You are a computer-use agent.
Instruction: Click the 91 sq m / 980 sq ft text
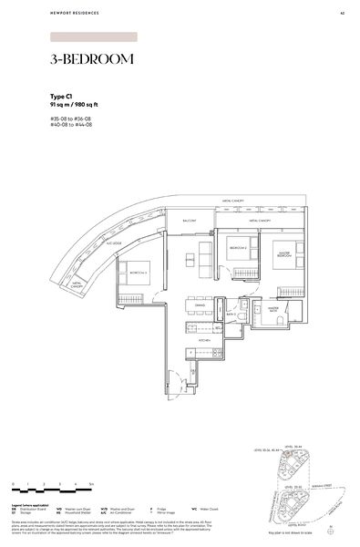[76, 104]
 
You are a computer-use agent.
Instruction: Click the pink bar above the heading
[94, 37]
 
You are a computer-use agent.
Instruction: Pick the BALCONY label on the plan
[190, 222]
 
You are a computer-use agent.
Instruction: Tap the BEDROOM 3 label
[140, 272]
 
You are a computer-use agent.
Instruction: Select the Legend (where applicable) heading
[33, 502]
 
